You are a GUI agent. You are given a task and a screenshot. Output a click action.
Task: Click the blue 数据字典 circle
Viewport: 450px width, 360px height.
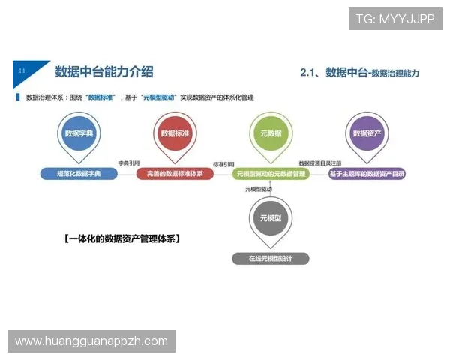point(79,134)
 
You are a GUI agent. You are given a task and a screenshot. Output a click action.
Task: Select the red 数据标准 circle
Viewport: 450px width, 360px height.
point(175,134)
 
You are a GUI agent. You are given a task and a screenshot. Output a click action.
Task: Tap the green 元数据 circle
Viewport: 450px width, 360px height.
point(270,134)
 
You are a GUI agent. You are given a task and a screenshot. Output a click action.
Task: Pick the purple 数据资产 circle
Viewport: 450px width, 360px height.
point(367,134)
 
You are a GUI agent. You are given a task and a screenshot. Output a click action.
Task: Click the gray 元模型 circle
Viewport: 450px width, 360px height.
point(270,218)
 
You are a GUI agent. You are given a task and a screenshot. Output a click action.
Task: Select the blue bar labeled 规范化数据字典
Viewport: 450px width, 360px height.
point(79,174)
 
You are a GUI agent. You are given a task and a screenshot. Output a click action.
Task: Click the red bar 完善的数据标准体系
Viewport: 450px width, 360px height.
point(175,174)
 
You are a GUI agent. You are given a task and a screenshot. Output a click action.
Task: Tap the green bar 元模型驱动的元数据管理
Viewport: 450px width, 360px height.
point(270,174)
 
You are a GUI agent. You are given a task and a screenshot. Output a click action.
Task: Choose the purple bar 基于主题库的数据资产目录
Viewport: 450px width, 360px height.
point(367,174)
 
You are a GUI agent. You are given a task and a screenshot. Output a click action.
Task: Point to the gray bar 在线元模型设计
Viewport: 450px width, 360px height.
point(270,259)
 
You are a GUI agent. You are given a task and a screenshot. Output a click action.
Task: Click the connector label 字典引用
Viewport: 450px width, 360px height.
point(129,163)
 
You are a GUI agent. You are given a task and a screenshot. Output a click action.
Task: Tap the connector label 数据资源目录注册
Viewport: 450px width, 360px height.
point(320,163)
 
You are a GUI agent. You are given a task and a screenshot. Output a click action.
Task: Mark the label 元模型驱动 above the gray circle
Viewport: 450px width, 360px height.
point(259,189)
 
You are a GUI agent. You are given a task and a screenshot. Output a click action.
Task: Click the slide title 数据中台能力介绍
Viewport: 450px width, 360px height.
point(104,72)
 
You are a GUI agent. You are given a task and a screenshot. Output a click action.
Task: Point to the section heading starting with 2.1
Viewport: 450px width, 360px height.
point(358,73)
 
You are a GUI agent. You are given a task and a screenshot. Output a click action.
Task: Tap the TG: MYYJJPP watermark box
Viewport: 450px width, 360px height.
point(395,19)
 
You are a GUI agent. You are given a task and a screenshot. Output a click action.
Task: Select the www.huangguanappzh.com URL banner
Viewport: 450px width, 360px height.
point(92,341)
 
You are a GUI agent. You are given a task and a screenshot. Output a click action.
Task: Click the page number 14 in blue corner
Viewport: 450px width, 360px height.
point(22,70)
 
